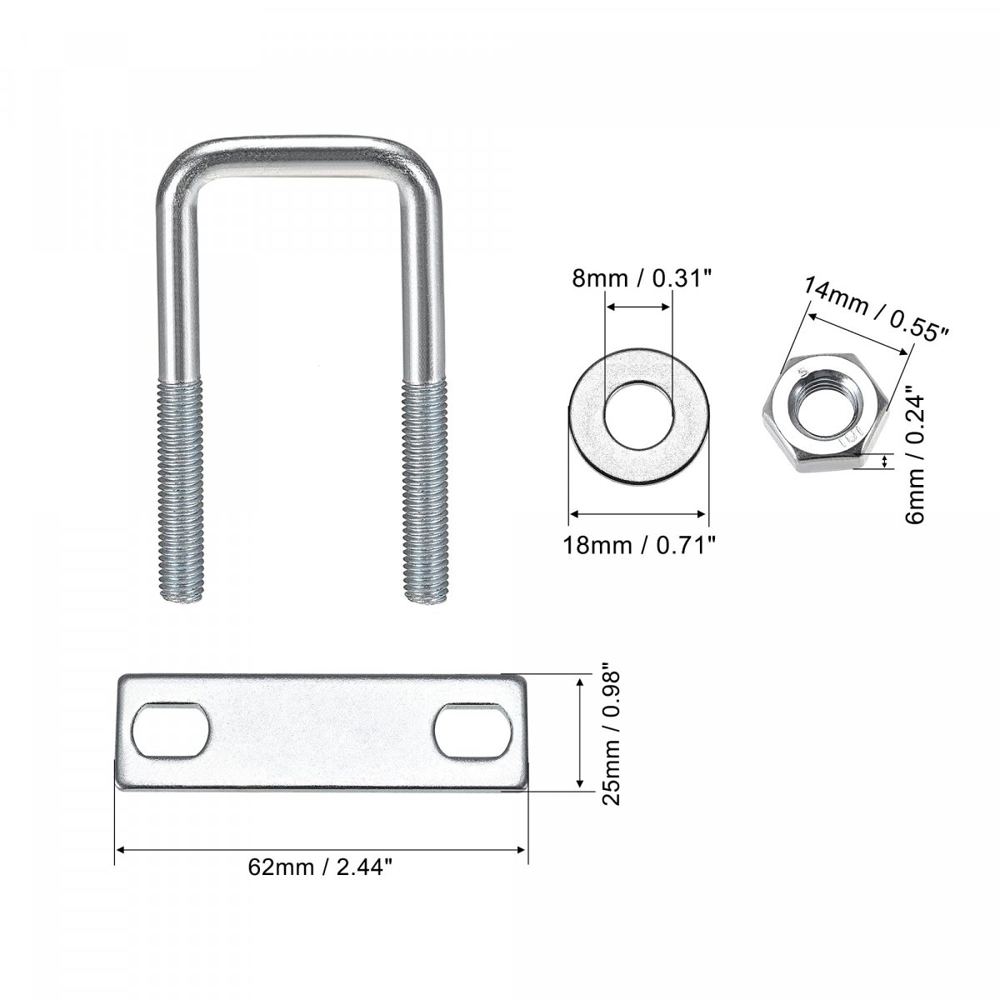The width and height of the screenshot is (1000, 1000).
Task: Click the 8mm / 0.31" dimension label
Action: (641, 278)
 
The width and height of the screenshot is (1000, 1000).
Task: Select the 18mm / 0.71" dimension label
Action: (639, 545)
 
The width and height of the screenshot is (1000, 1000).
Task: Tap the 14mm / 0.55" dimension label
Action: (877, 309)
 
